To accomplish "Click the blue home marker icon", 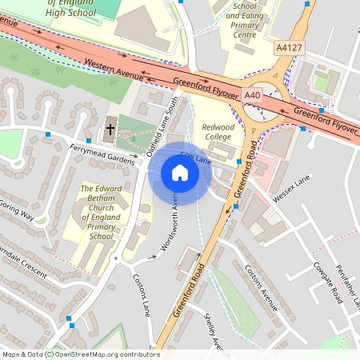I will [x=180, y=172].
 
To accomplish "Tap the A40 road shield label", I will [x=253, y=95].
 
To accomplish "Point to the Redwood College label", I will [x=218, y=132].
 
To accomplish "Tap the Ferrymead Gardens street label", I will [x=103, y=154].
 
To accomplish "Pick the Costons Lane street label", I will [x=142, y=297].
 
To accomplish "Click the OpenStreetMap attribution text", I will [x=80, y=354].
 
